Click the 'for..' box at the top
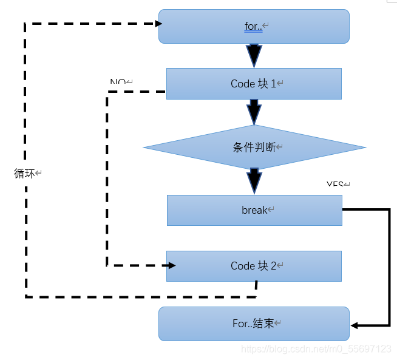(254, 26)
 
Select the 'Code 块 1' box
(254, 84)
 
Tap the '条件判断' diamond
(254, 148)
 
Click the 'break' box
(254, 210)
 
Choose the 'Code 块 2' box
(254, 266)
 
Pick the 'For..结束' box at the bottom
(254, 324)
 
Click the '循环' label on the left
(25, 174)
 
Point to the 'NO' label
(118, 82)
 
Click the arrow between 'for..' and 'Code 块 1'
(254, 56)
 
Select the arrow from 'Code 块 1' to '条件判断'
(254, 112)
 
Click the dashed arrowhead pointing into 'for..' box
(159, 24)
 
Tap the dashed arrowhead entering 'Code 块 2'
(172, 266)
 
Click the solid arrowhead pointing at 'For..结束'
(354, 325)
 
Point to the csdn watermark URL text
(316, 349)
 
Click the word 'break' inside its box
(254, 210)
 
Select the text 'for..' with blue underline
(253, 27)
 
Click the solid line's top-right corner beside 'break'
(389, 209)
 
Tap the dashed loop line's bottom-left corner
(26, 296)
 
